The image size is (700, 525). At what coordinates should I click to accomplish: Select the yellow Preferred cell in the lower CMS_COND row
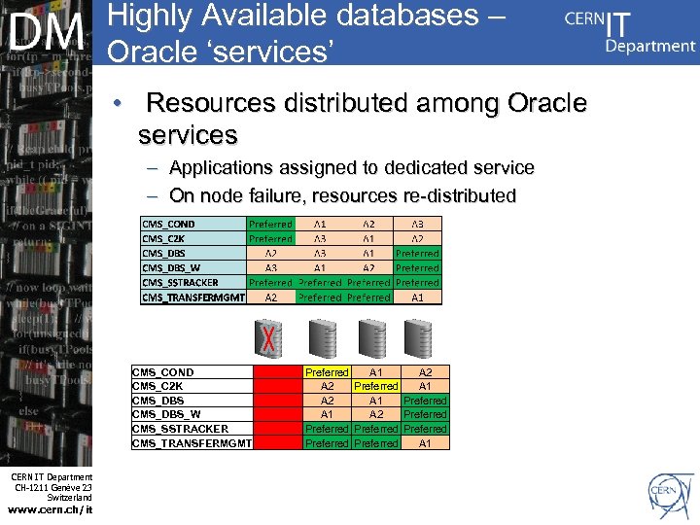coord(327,372)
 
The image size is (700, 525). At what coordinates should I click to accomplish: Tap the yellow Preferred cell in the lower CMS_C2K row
coord(375,386)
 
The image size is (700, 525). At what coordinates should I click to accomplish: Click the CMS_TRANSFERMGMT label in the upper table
coord(193,297)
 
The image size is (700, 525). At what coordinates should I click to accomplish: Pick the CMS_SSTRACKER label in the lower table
coord(180,429)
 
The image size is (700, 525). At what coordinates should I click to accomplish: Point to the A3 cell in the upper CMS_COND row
coord(417,224)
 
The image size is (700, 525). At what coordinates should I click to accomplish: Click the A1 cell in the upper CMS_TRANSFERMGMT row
coord(417,297)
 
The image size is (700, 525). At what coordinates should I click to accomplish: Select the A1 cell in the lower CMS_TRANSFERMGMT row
coord(425,443)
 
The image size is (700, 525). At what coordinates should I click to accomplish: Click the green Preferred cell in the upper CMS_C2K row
coord(270,238)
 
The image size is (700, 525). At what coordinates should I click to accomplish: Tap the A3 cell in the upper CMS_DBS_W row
coord(271,268)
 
